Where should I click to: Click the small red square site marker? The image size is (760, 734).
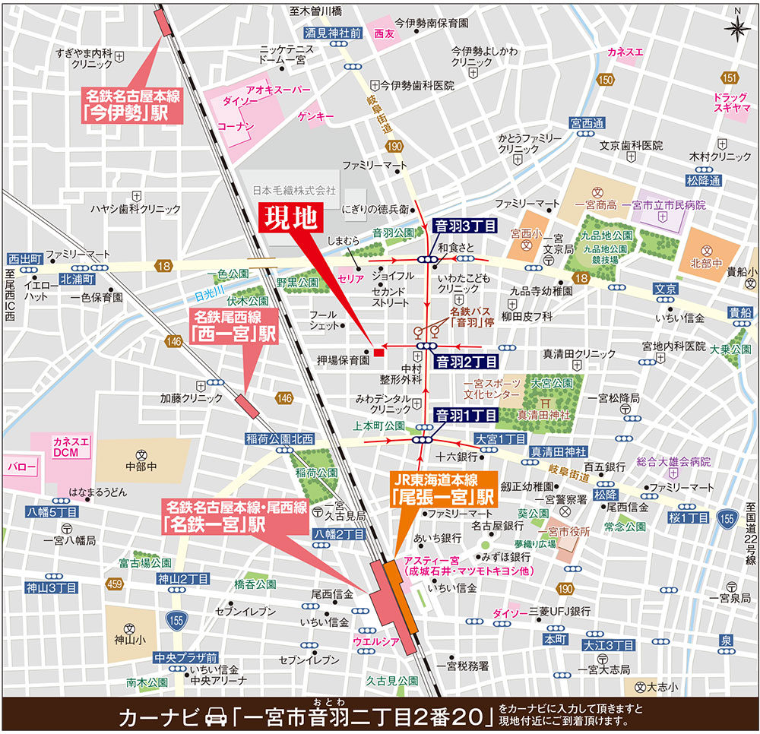[x=378, y=351]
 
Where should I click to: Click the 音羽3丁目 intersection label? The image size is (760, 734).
[x=464, y=226]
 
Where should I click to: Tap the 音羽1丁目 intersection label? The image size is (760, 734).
[x=465, y=415]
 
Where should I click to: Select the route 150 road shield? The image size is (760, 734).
[x=605, y=80]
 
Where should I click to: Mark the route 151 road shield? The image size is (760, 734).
[x=730, y=78]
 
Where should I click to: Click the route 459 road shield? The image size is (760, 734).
[x=116, y=584]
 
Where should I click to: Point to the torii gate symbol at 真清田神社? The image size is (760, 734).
[x=545, y=403]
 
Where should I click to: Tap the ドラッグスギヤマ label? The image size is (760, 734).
[x=731, y=103]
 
